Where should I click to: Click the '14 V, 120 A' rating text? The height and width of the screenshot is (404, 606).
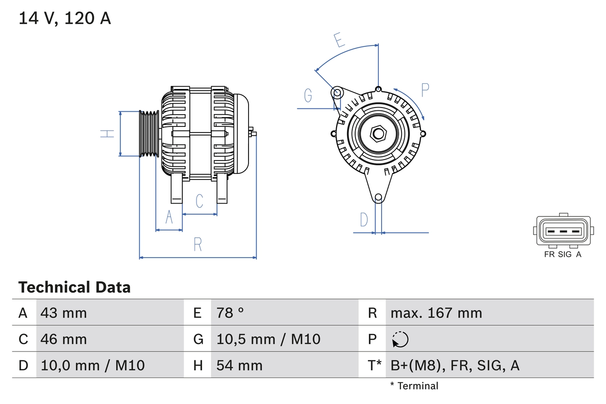point(64,18)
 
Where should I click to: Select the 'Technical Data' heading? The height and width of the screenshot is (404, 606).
point(74,287)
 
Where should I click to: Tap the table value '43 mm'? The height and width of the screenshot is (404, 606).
point(63,313)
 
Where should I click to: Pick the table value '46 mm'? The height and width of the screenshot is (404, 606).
point(63,339)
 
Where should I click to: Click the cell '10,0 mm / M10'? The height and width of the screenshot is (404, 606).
point(92,365)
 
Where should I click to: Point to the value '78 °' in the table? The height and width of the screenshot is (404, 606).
point(230,313)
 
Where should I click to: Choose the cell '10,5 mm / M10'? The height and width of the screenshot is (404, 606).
point(268,339)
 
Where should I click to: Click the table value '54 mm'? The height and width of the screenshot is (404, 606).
point(239,365)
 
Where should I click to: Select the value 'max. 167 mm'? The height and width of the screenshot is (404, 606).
point(436,313)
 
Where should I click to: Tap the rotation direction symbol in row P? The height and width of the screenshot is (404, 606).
point(400,339)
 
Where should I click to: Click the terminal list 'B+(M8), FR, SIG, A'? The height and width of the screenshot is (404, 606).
point(454,365)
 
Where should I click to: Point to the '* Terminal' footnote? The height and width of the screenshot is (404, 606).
point(414,386)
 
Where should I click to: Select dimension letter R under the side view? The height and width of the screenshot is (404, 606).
point(198,245)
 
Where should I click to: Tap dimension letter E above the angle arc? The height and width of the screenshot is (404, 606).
point(339,41)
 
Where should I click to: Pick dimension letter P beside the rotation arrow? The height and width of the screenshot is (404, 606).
point(425,90)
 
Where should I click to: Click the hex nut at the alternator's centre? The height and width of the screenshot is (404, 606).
point(378,134)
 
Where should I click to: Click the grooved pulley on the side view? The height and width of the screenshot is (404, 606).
point(149,134)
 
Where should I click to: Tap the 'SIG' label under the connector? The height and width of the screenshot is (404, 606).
point(565,254)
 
